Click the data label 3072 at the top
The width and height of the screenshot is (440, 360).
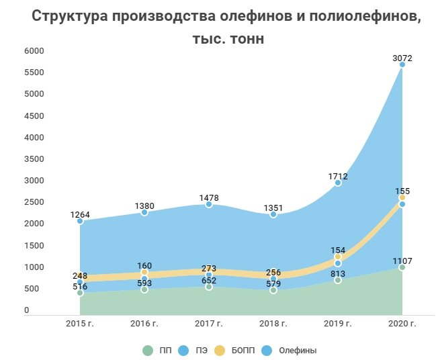pos(402,58)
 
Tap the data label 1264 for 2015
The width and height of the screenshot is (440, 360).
pos(80,215)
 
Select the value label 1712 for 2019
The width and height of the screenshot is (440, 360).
pos(338,176)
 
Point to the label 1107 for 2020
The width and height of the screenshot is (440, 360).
pos(402,261)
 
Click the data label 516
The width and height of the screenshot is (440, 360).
pos(80,287)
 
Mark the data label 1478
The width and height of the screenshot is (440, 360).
pos(209,197)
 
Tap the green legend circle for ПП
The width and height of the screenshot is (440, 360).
pos(148,351)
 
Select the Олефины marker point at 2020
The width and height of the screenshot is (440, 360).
pos(402,65)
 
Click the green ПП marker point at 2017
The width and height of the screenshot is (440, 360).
pos(209,287)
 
